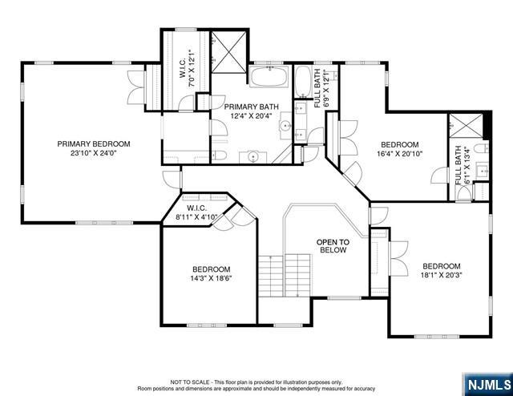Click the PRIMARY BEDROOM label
[94, 144]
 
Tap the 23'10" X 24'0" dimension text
[94, 153]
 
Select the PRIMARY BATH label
[251, 107]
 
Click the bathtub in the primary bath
[269, 77]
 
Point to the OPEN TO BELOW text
[333, 246]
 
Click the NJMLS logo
[489, 385]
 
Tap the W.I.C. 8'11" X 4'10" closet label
[196, 212]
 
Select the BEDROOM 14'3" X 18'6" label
[212, 274]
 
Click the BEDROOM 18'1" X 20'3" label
[442, 271]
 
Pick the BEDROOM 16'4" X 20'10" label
[399, 149]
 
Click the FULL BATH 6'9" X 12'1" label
[321, 88]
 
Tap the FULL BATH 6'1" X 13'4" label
[463, 165]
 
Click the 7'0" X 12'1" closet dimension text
[192, 68]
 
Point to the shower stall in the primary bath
[228, 51]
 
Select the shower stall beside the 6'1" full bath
[466, 125]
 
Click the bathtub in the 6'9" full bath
[303, 81]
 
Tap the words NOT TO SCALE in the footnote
[190, 382]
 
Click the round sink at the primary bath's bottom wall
[253, 157]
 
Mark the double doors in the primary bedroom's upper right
[135, 87]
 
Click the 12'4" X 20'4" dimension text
[251, 115]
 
